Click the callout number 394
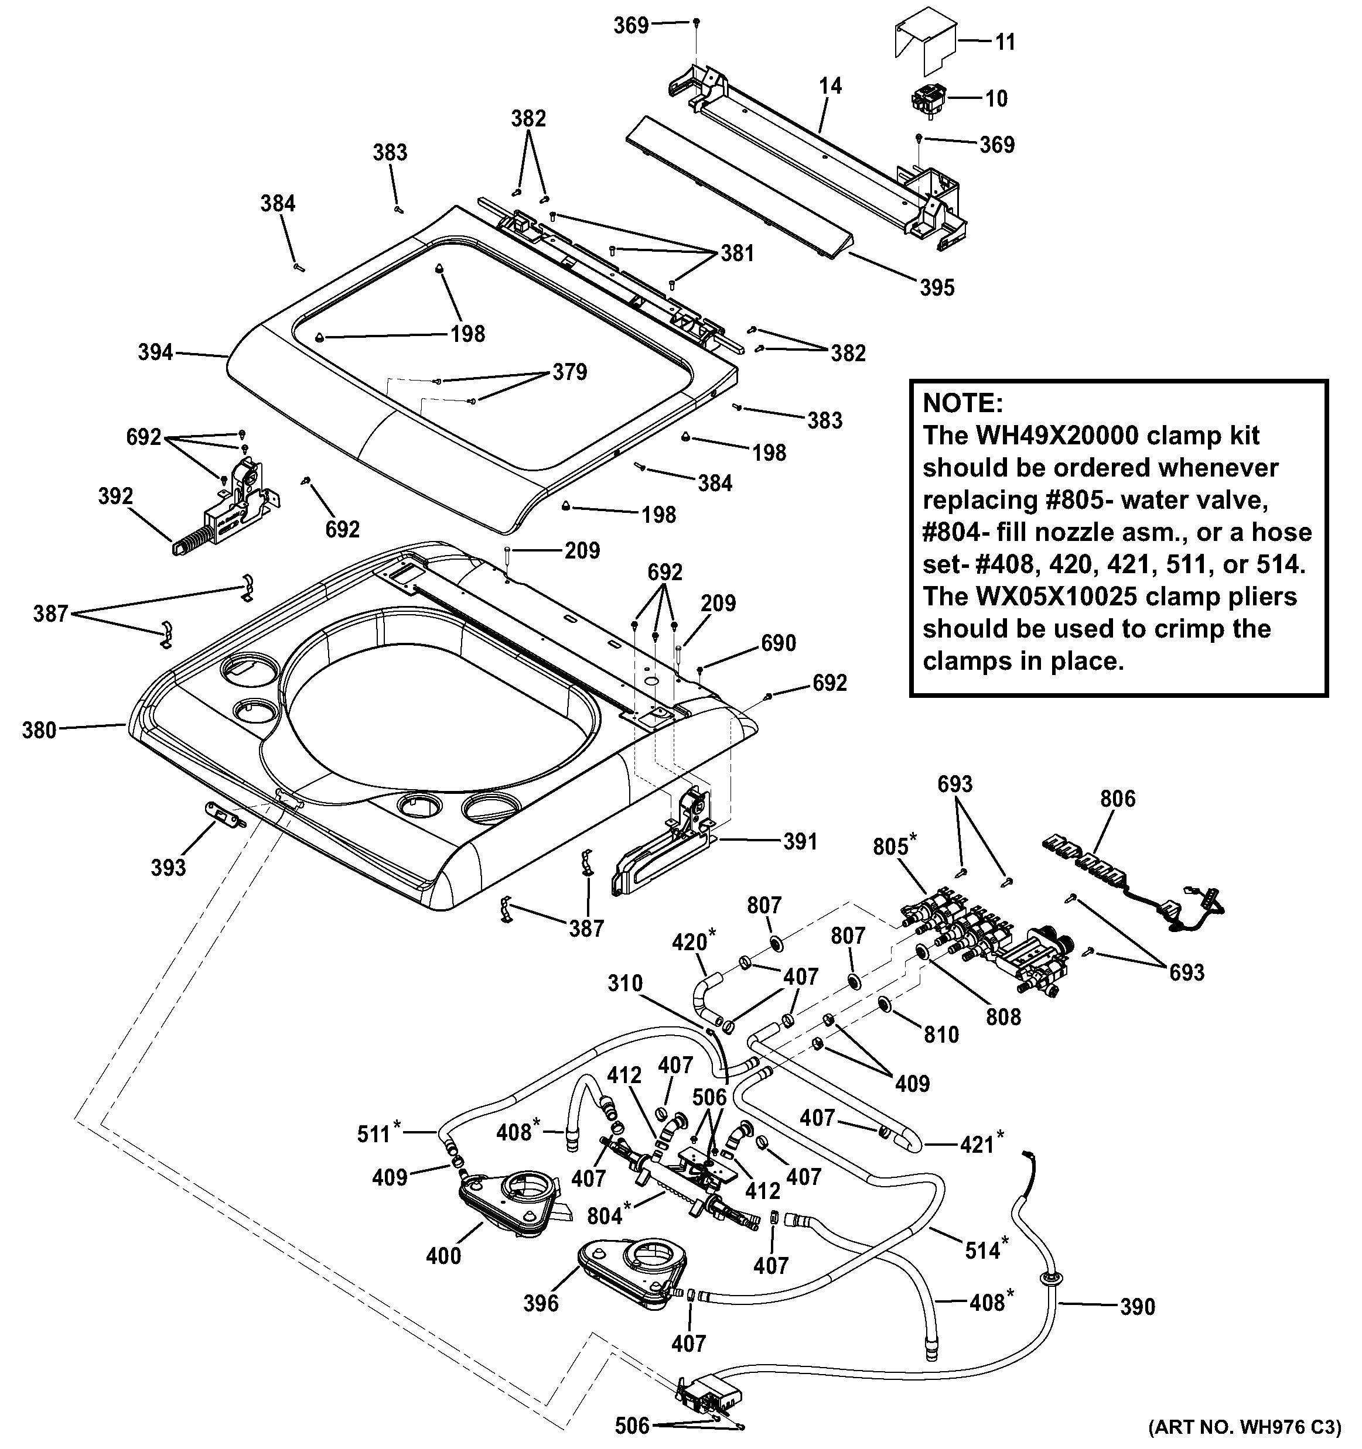[155, 353]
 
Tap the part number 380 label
[39, 729]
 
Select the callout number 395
[936, 288]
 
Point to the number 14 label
[830, 86]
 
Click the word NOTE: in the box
[962, 403]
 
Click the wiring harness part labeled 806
[1115, 875]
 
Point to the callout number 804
[605, 1215]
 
